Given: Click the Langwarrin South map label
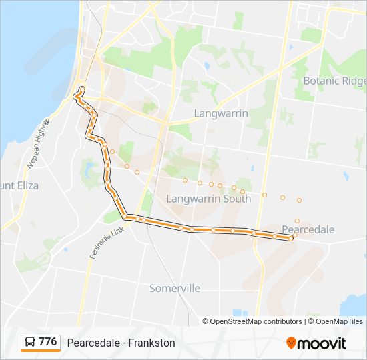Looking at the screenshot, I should point(208,199).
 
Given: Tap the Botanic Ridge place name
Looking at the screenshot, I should point(335,81).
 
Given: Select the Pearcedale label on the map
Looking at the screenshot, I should point(308,229).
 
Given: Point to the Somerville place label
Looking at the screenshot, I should point(175,289).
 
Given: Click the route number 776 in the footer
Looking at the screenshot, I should point(48,342).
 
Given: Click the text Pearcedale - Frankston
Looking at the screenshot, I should point(121,343).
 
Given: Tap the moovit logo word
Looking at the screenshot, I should point(322,343).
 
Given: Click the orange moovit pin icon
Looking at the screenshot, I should point(291,343).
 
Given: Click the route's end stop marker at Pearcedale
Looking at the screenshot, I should point(290,237).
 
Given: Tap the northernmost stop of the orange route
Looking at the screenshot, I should point(82,89).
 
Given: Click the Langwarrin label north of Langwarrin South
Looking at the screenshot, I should point(220,113).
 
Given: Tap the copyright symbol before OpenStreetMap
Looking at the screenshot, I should point(206,321).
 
